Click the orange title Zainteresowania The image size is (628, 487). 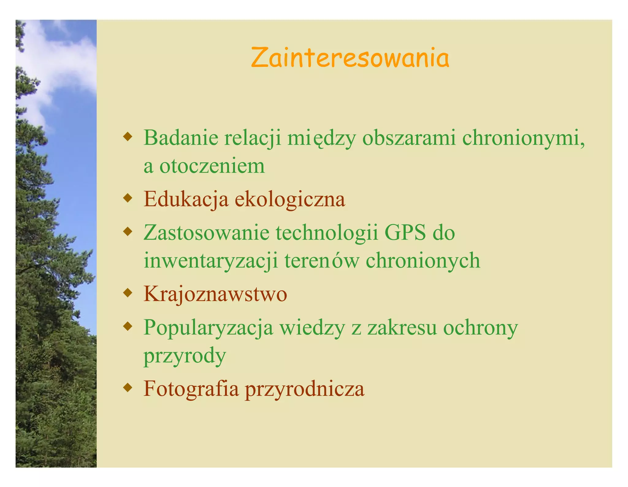pos(350,58)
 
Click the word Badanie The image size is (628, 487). pos(181,138)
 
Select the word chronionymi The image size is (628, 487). pos(523,138)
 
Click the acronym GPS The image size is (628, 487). pos(405,232)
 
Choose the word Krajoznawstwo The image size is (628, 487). pos(215,294)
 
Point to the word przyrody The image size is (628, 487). pos(185,356)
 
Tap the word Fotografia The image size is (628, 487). pos(191,388)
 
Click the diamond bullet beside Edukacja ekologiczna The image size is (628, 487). pos(128,198)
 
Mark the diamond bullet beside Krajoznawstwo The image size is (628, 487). pos(128,293)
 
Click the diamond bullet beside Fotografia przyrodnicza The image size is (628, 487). pos(128,388)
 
